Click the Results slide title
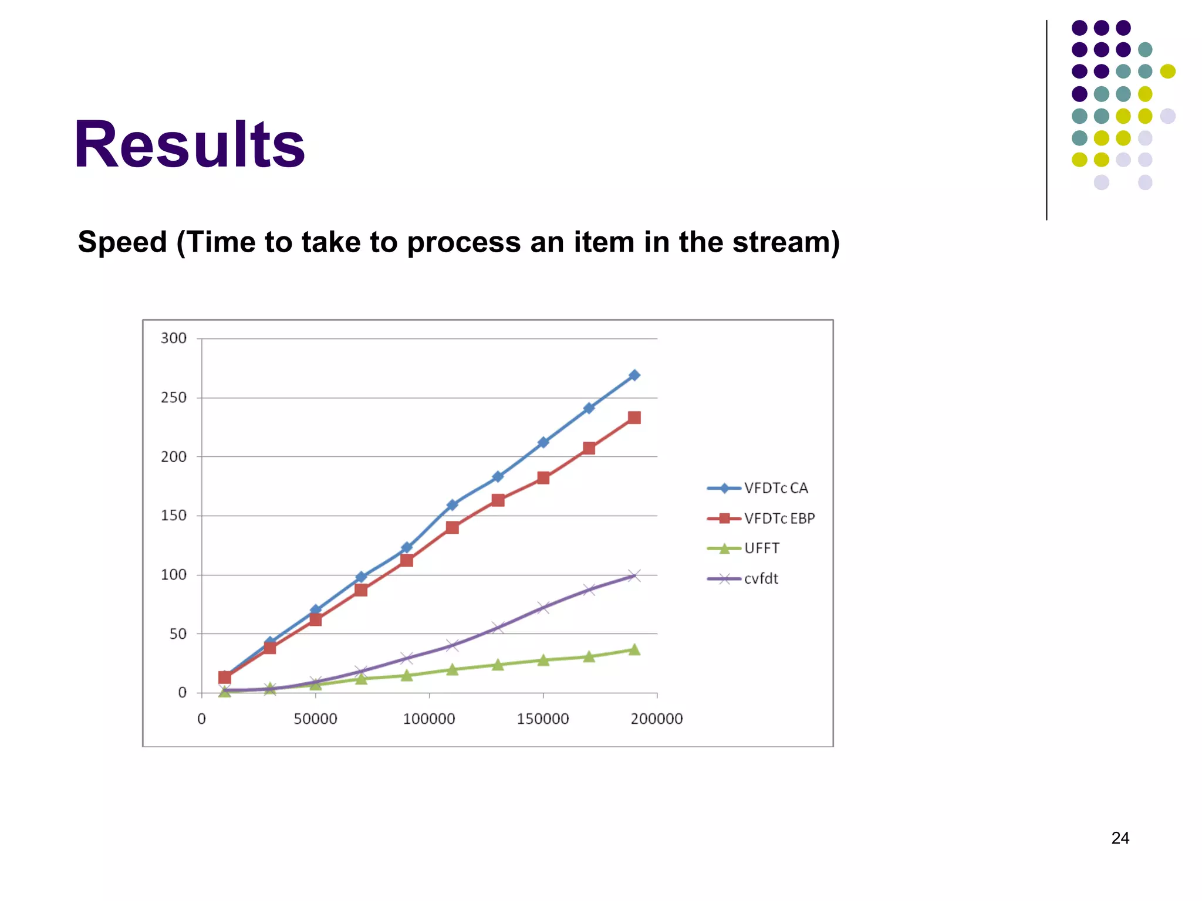coord(189,144)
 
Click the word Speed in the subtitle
coord(123,242)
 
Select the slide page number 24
coord(1120,838)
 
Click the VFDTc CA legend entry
coord(775,488)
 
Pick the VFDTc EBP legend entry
coord(779,519)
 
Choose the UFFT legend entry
coord(762,548)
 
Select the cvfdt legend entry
coord(761,579)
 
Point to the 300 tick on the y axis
coord(174,338)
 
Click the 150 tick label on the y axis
coord(174,516)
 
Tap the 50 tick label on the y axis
coord(178,634)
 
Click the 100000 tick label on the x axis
coord(429,719)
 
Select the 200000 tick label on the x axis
coord(657,719)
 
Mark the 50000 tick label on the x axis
coord(315,719)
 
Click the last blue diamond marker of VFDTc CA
coord(634,375)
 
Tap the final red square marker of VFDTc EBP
coord(634,418)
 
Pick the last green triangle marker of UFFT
coord(634,649)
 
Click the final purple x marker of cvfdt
coord(634,575)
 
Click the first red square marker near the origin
coord(224,678)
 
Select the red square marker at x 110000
coord(452,527)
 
